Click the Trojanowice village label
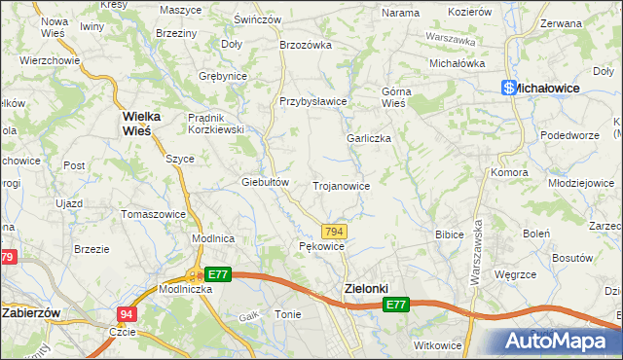pos(341,185)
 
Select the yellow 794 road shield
pos(334,231)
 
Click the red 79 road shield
pos(7,257)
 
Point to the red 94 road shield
pos(127,314)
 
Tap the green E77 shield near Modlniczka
pos(218,274)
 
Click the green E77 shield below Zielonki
pos(395,305)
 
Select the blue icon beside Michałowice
pos(507,88)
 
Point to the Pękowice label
pos(321,247)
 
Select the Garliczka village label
pos(369,138)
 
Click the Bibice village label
pos(449,234)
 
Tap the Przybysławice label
pos(312,101)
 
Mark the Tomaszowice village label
pos(153,213)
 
